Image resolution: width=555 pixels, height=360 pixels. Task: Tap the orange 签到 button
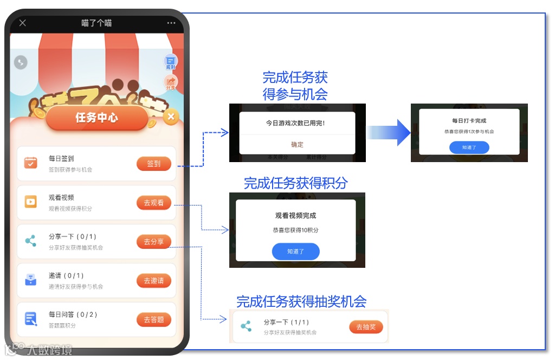click(154, 164)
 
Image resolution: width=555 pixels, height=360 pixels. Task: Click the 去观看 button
click(154, 203)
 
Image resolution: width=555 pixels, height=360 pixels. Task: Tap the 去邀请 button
click(154, 281)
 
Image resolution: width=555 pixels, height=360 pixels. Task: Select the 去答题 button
click(154, 320)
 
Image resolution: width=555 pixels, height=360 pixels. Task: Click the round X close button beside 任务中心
click(171, 117)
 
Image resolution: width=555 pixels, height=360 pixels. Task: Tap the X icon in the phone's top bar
click(22, 23)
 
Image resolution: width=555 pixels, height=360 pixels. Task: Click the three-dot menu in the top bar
click(171, 23)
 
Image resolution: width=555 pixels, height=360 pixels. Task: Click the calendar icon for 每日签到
click(31, 163)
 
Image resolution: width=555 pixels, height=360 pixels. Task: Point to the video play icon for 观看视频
click(31, 202)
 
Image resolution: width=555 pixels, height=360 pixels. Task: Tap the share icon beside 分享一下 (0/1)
click(31, 241)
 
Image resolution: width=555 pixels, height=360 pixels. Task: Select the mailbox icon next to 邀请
click(31, 280)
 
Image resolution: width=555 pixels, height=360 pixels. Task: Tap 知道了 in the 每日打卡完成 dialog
click(469, 147)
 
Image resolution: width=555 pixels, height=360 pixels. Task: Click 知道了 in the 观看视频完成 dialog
click(295, 252)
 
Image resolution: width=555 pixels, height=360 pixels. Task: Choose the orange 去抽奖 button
click(366, 327)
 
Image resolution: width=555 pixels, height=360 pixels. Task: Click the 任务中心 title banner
click(96, 118)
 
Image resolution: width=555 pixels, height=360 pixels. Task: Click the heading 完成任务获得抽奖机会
click(301, 301)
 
